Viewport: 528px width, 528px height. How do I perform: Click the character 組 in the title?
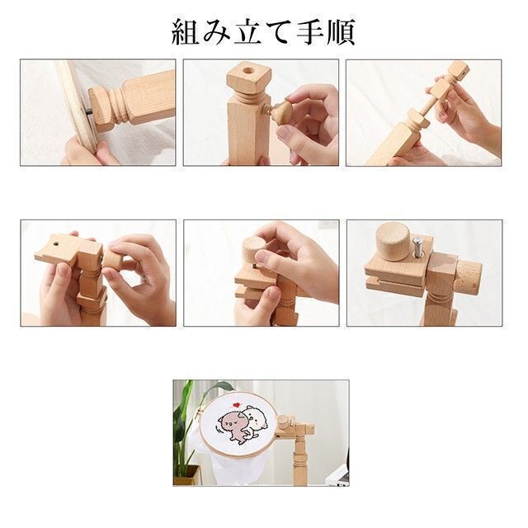(185, 32)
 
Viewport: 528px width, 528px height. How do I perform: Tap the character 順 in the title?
(341, 32)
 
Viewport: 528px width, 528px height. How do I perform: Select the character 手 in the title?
(310, 32)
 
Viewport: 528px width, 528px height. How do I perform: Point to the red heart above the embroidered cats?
(237, 405)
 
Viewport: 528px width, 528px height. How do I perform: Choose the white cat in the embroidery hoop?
(257, 418)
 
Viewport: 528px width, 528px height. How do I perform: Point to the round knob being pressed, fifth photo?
(255, 247)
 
